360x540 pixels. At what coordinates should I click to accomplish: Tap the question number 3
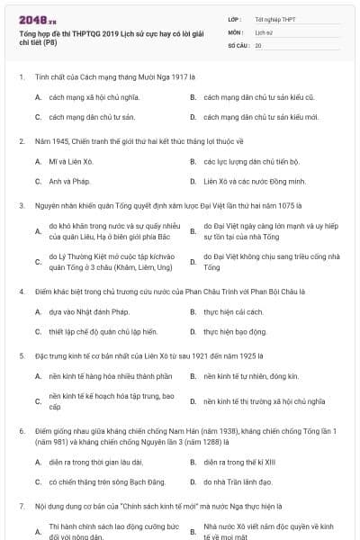(21, 204)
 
